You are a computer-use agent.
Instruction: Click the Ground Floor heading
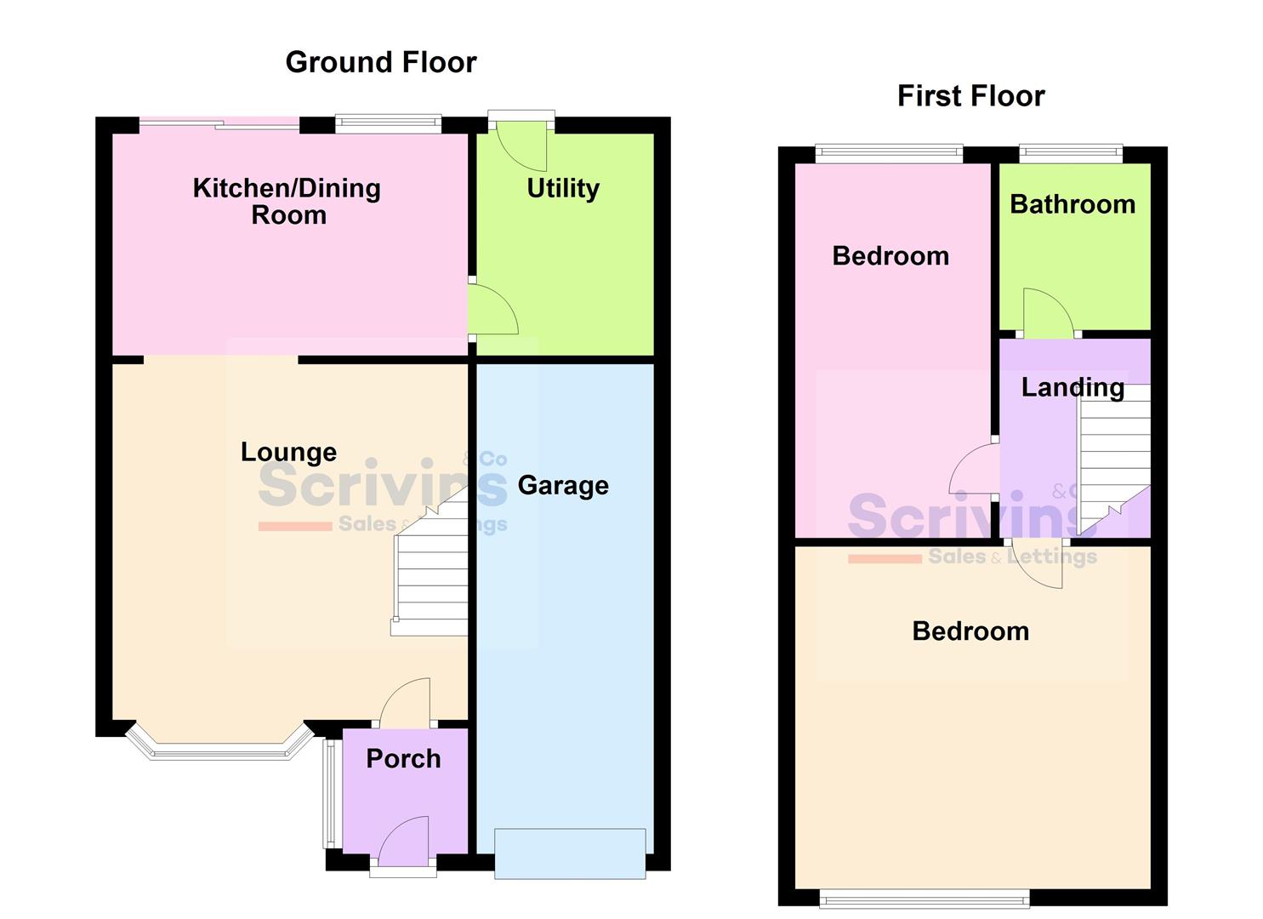pos(380,62)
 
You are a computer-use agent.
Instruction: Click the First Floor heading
pos(970,96)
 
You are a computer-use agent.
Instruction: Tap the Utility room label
pos(563,188)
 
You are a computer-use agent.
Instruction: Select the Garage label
pos(563,485)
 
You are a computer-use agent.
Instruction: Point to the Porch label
pos(403,758)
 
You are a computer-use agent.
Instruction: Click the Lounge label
pos(288,452)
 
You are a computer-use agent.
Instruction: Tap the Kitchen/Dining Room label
pos(287,201)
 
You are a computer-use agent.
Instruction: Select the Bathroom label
pos(1072,204)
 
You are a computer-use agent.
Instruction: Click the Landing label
pos(1072,387)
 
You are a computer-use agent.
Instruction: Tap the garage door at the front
pos(570,853)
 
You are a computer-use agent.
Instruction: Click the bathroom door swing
pos(1047,312)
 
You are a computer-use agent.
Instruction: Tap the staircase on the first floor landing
pos(1114,459)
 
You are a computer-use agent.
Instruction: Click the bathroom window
pos(1071,153)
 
